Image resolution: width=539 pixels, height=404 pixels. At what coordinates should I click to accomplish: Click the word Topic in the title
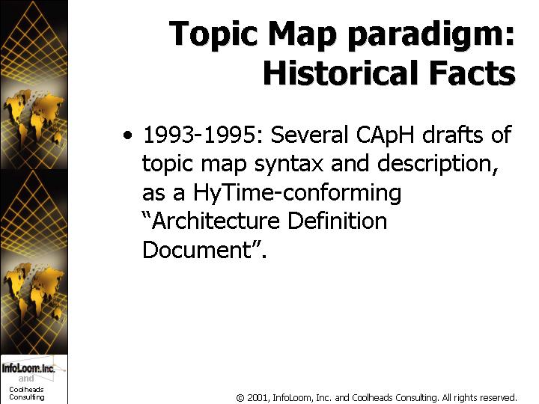(213, 34)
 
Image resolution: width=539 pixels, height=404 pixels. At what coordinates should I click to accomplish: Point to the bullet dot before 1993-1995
(127, 135)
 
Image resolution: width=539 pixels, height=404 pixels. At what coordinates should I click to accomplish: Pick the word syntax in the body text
(289, 165)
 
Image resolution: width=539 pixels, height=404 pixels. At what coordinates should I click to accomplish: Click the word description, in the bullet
(438, 165)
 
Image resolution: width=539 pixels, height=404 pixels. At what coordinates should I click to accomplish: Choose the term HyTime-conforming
(297, 193)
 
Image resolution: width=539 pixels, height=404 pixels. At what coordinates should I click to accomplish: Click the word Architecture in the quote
(210, 220)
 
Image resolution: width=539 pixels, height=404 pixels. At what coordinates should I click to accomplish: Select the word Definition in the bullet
(337, 220)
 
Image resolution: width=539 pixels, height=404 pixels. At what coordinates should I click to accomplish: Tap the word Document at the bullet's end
(198, 249)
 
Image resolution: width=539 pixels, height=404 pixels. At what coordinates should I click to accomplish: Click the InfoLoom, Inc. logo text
(28, 368)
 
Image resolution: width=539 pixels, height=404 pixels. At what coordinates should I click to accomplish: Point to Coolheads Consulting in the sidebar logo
(27, 394)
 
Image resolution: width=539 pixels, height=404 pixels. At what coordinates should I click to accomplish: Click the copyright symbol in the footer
(240, 398)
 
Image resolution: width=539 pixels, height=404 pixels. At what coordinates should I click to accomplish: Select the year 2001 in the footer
(258, 397)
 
